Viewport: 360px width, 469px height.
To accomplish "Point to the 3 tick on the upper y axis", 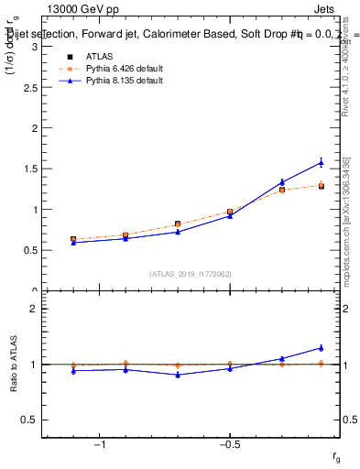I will (34, 47).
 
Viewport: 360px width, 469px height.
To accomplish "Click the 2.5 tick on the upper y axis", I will (30, 88).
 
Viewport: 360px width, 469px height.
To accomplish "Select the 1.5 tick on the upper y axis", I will (30, 169).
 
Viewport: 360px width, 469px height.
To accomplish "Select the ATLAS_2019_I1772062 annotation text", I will (191, 274).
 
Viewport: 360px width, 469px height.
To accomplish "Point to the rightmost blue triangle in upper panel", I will (321, 162).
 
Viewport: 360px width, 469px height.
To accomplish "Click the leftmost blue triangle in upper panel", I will (72, 242).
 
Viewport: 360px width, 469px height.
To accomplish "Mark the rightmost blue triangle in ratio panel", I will (321, 347).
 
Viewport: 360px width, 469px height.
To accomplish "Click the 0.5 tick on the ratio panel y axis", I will (30, 420).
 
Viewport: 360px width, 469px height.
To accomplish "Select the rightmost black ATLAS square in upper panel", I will (321, 186).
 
